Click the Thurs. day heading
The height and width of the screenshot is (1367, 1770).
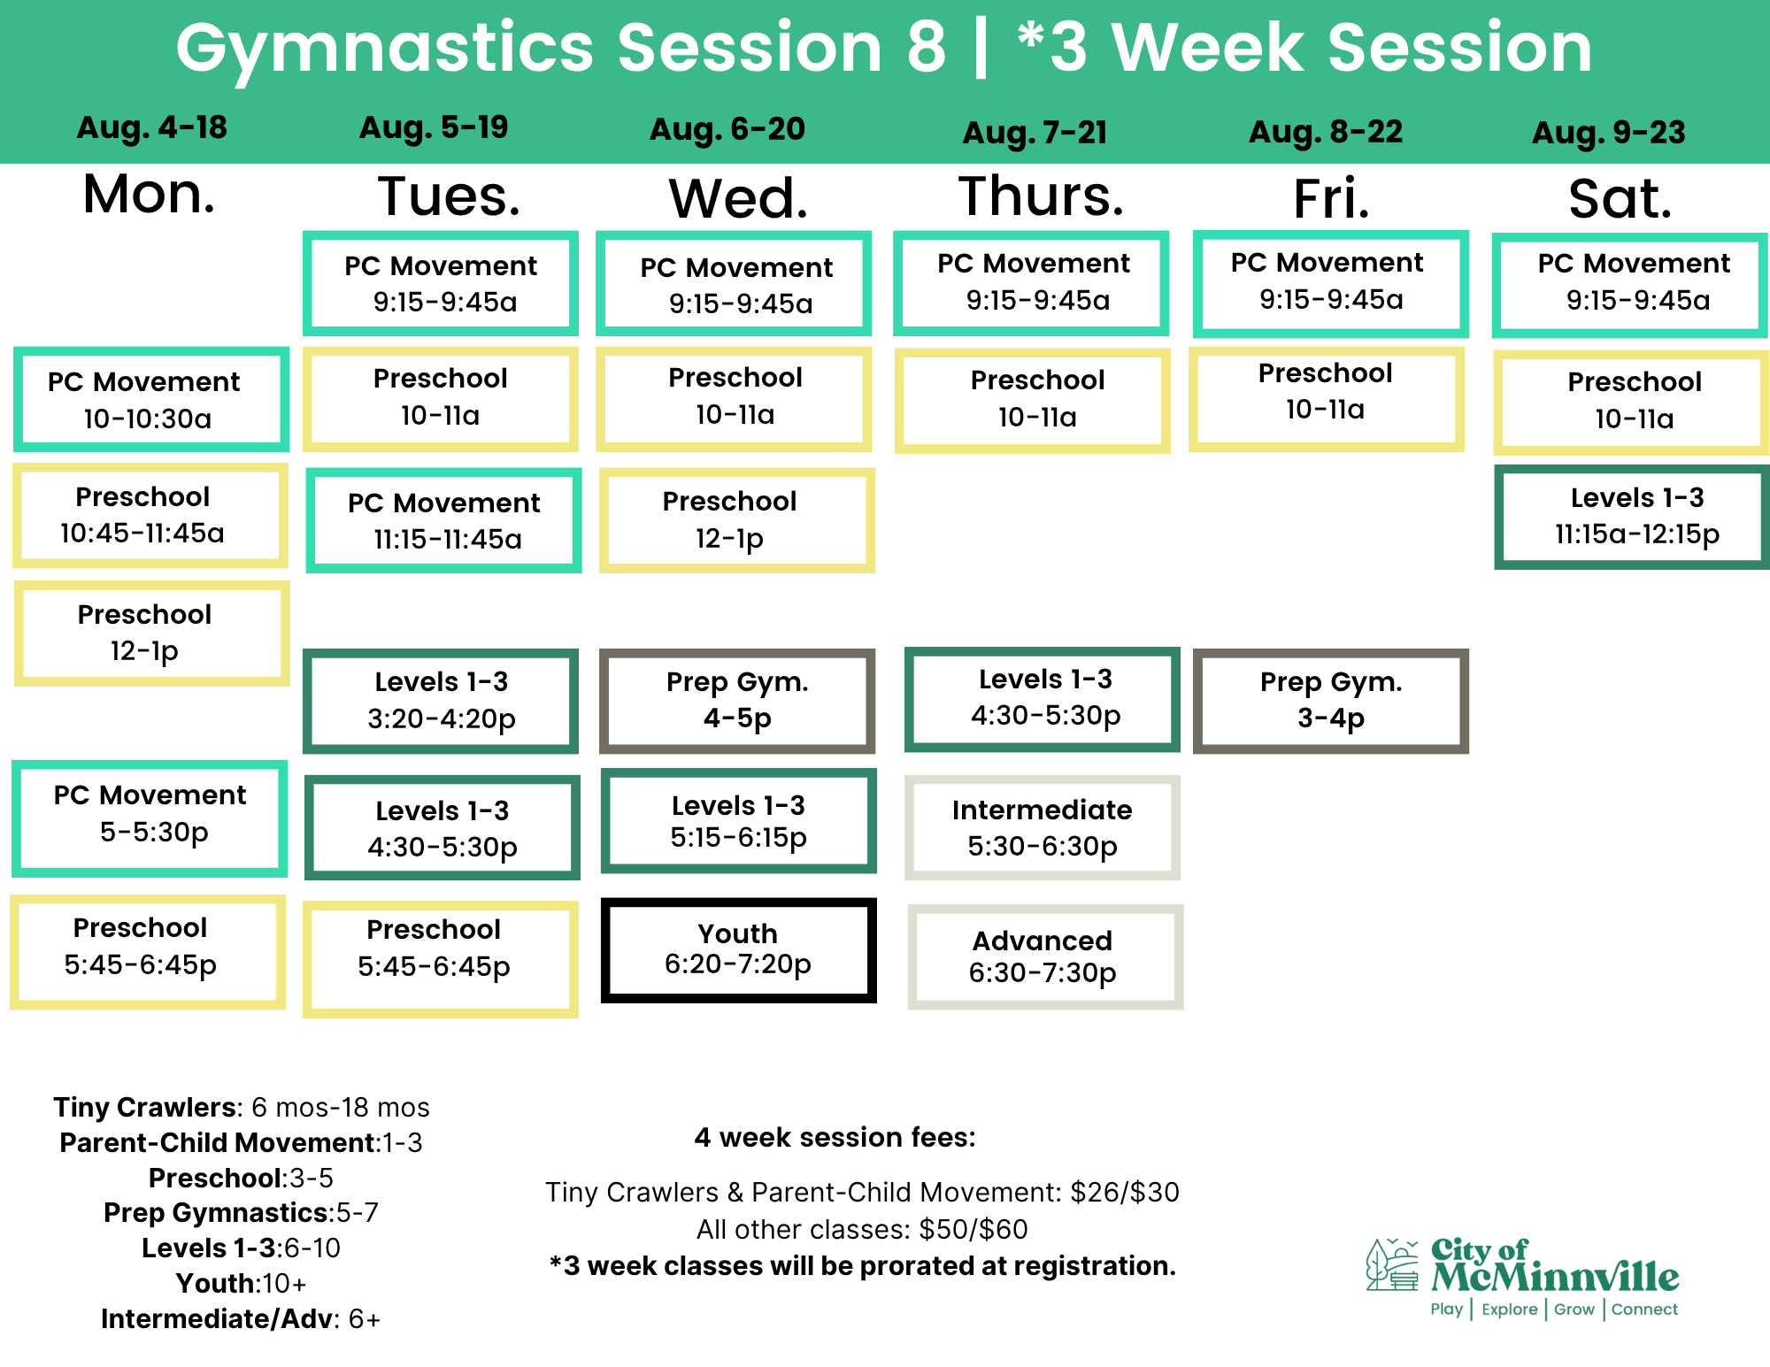click(1042, 196)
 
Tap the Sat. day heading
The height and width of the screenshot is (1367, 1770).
click(1620, 198)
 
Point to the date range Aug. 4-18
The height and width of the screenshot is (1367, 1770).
click(152, 127)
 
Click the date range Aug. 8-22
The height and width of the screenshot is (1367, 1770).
click(1326, 132)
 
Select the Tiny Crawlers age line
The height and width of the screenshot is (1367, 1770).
click(242, 1107)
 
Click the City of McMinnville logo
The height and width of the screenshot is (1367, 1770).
click(1522, 1278)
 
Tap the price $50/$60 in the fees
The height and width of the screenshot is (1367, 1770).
click(973, 1229)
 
